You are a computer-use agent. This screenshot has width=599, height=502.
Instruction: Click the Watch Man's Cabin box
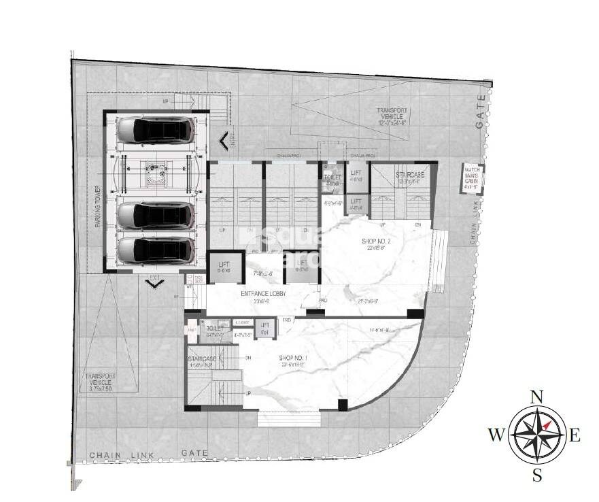[473, 178]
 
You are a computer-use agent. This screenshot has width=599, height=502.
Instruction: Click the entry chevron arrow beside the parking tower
[223, 142]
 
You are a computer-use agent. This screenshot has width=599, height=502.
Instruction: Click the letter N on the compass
[536, 397]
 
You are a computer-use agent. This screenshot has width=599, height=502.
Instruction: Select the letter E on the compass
[575, 436]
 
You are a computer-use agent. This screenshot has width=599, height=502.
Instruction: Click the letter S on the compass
[536, 475]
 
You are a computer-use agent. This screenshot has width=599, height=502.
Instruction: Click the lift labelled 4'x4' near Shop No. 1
[265, 329]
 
